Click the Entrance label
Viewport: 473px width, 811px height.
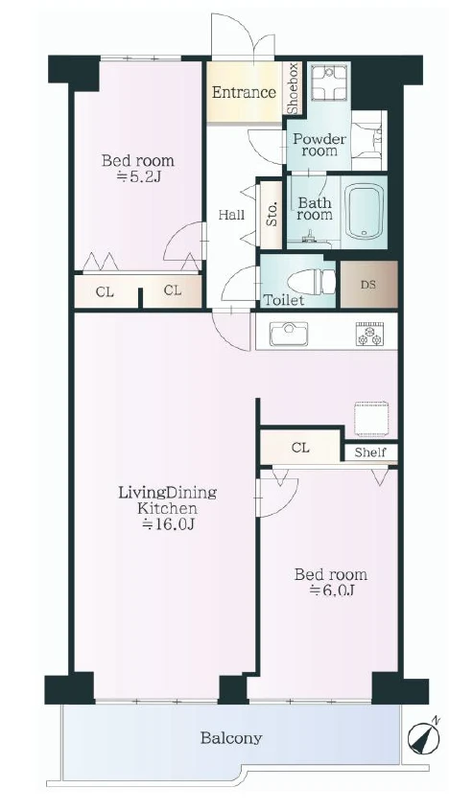pos(244,93)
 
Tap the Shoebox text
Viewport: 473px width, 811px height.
pos(293,88)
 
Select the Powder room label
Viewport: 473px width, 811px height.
pos(319,146)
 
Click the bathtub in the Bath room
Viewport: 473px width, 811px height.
pos(366,211)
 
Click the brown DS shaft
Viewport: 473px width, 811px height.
pos(369,285)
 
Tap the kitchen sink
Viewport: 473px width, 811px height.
pos(289,335)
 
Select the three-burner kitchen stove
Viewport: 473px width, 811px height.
pos(369,334)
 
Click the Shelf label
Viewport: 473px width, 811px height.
pos(370,452)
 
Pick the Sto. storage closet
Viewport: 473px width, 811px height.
pos(272,214)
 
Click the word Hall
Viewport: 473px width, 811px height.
pos(231,214)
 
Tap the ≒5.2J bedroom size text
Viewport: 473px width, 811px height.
pos(138,178)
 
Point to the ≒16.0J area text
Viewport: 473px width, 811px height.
pos(168,525)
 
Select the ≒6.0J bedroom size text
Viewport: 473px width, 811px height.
pos(331,591)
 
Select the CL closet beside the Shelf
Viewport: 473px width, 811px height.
pos(300,447)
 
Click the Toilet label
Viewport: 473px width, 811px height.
pos(284,300)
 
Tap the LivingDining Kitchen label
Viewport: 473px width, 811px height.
pos(167,499)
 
